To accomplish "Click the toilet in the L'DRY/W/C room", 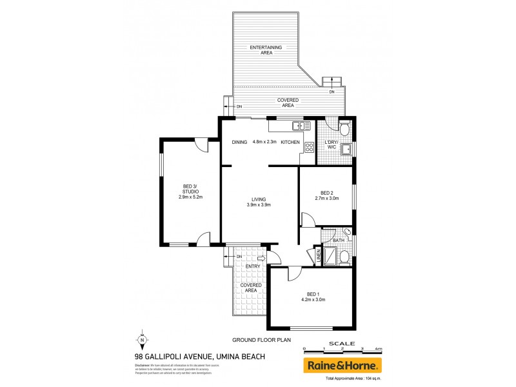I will click(x=344, y=129).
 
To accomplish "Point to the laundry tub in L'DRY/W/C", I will click(x=346, y=150).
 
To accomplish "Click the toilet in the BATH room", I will click(x=346, y=257).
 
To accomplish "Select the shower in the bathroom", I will click(x=330, y=256).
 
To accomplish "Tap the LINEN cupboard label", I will click(x=317, y=256).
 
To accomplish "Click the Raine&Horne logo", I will click(x=342, y=365).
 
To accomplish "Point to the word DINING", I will click(x=239, y=142).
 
